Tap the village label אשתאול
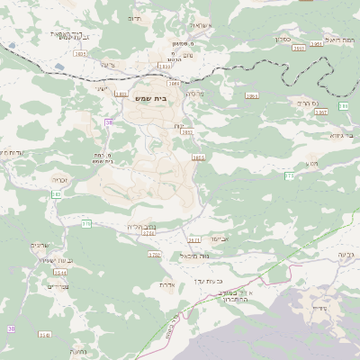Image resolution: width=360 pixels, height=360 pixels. point(197,25)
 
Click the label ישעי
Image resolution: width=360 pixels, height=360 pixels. point(101,88)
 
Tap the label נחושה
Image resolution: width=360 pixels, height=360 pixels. point(77,352)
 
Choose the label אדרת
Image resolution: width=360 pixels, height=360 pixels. point(166,284)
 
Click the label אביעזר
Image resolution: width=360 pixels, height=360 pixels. point(222,239)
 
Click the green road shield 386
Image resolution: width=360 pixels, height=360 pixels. point(343,106)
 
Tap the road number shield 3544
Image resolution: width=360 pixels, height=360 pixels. point(59,272)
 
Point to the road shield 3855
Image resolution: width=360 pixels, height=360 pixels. point(198,157)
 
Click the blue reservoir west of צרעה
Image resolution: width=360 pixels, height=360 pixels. point(58,66)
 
